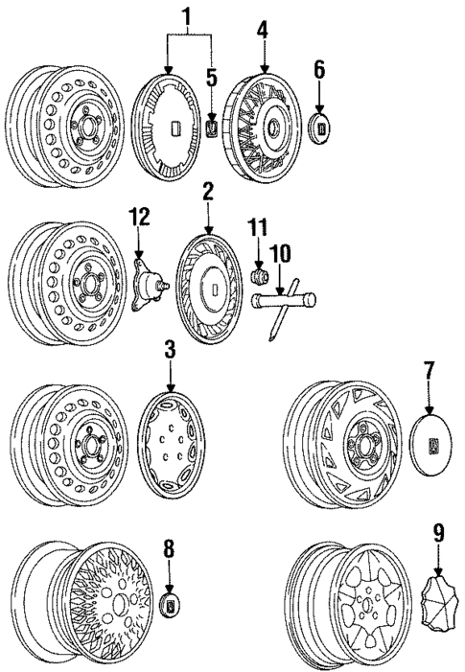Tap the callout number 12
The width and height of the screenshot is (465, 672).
click(140, 218)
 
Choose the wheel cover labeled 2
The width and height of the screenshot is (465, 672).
click(213, 288)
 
